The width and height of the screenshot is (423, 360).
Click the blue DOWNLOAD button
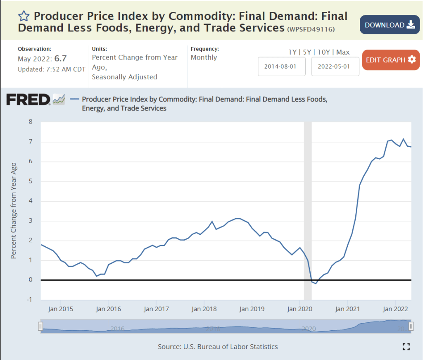coord(390,25)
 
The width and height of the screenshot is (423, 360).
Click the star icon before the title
coord(24,17)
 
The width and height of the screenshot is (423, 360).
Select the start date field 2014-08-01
coord(282,66)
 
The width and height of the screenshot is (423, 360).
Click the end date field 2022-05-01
coord(335,66)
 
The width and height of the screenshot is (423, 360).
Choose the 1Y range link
coord(292,52)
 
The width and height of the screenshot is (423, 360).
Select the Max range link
coord(343,52)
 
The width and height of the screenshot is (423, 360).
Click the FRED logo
coord(28,100)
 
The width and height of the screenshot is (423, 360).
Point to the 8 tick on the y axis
coord(30,122)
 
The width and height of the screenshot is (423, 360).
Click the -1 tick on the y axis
coord(29,300)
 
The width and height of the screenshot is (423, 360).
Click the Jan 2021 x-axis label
coord(347,309)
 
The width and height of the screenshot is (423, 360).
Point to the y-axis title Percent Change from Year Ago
coord(13,211)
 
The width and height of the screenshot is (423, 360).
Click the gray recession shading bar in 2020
coord(307,207)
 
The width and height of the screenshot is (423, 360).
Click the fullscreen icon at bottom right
coord(406,347)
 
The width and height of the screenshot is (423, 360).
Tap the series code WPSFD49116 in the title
coord(311,29)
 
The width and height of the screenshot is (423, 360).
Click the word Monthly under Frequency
coord(204,57)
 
